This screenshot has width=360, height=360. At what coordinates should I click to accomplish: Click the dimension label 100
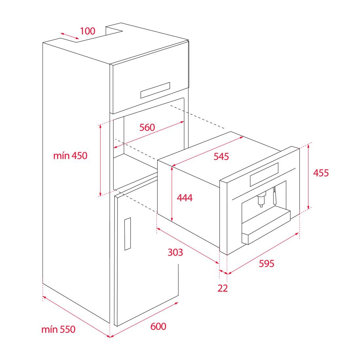[x=87, y=31]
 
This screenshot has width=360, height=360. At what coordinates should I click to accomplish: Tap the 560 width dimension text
[x=147, y=127]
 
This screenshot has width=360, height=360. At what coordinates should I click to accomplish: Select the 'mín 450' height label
[x=70, y=156]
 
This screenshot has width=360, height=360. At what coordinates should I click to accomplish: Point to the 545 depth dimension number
[x=221, y=156]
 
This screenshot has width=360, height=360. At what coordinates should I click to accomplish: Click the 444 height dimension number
[x=185, y=197]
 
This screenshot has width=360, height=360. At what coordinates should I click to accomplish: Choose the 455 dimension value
[x=321, y=173]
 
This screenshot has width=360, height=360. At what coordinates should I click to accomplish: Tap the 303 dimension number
[x=175, y=252]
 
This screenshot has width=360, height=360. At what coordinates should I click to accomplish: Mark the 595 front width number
[x=266, y=263]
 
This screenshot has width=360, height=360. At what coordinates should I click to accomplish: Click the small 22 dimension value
[x=223, y=288]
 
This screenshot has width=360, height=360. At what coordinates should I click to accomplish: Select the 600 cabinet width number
[x=158, y=327]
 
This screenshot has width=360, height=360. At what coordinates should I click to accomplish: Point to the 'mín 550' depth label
[x=58, y=330]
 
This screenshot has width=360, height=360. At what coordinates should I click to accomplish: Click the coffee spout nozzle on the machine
[x=261, y=199]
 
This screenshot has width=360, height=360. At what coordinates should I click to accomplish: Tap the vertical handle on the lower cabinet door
[x=128, y=234]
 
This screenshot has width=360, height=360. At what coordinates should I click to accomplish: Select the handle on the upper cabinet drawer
[x=155, y=90]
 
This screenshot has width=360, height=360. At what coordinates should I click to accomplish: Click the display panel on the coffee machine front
[x=264, y=174]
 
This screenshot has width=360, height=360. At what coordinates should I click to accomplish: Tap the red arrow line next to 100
[x=70, y=36]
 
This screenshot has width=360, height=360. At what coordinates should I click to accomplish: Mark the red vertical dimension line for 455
[x=309, y=176]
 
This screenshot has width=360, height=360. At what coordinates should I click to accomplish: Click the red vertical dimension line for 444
[x=172, y=194]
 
